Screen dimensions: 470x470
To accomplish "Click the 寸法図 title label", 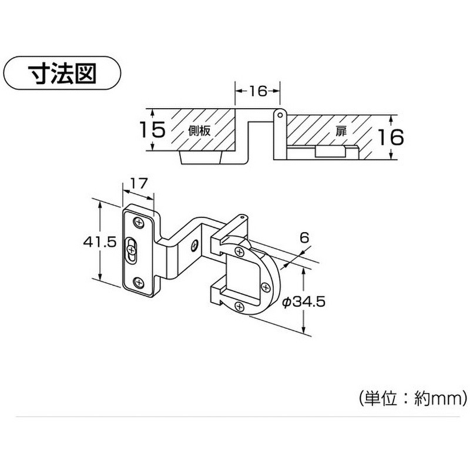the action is [62, 73].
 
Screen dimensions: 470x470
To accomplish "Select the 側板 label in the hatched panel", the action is [199, 130].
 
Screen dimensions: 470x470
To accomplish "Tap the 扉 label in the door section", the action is [341, 131].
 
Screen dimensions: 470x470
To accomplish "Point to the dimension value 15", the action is [153, 130].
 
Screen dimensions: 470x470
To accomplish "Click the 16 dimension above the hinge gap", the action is [258, 91].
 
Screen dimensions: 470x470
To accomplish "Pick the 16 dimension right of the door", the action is [390, 137].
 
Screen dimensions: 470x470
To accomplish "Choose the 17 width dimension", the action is [139, 183].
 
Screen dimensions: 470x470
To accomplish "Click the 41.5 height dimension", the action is [99, 241].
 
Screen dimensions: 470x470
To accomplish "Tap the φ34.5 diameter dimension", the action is [304, 302].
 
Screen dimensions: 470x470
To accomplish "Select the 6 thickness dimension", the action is [304, 238].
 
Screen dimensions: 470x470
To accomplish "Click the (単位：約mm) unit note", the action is [413, 398].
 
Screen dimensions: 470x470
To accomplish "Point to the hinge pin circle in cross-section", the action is [280, 115].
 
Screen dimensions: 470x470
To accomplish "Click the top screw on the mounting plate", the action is [139, 223].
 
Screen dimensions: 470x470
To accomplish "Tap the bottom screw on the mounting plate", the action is [138, 282].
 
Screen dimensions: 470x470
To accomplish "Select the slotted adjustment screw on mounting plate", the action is [131, 249].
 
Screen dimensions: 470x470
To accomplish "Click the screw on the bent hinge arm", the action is [195, 245].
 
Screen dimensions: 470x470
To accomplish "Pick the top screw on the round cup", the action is [240, 252].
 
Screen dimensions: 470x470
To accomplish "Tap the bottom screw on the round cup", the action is [239, 306].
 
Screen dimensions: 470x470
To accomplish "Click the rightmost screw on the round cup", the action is [266, 287].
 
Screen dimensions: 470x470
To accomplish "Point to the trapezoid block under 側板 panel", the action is [202, 157].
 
